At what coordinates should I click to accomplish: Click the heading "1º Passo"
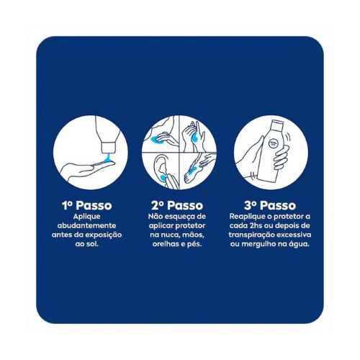coord(87,205)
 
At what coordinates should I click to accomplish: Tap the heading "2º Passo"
coord(177,205)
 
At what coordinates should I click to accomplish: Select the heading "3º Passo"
coord(270,205)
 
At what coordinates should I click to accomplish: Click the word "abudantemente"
coord(86,225)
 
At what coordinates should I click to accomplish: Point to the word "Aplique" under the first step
coord(86,217)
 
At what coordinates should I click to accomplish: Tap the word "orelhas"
coord(164,244)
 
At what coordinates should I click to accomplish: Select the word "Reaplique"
coord(248,217)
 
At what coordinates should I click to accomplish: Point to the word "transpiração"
coord(251,235)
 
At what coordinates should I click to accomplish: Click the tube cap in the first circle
coord(109,148)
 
